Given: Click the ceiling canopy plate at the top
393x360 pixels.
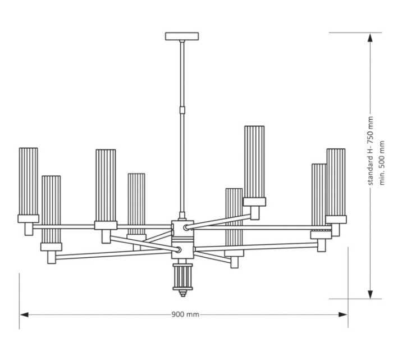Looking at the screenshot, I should pyautogui.click(x=182, y=37).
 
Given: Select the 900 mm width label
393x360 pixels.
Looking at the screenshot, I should pyautogui.click(x=185, y=315).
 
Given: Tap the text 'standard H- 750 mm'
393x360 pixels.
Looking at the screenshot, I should pyautogui.click(x=370, y=151).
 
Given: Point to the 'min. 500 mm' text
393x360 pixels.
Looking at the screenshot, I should pyautogui.click(x=383, y=163).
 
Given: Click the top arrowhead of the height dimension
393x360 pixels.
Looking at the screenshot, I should pyautogui.click(x=370, y=38).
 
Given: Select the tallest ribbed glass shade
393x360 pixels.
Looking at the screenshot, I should pyautogui.click(x=254, y=162).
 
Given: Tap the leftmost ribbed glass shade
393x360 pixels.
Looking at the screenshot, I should pyautogui.click(x=28, y=181).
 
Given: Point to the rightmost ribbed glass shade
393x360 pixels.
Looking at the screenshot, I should pyautogui.click(x=336, y=181).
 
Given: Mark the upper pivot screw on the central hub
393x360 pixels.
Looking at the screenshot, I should pyautogui.click(x=187, y=228).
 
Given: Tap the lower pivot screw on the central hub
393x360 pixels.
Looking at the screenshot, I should pyautogui.click(x=178, y=248).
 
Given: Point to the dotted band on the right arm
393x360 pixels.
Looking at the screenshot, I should pyautogui.click(x=321, y=230).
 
